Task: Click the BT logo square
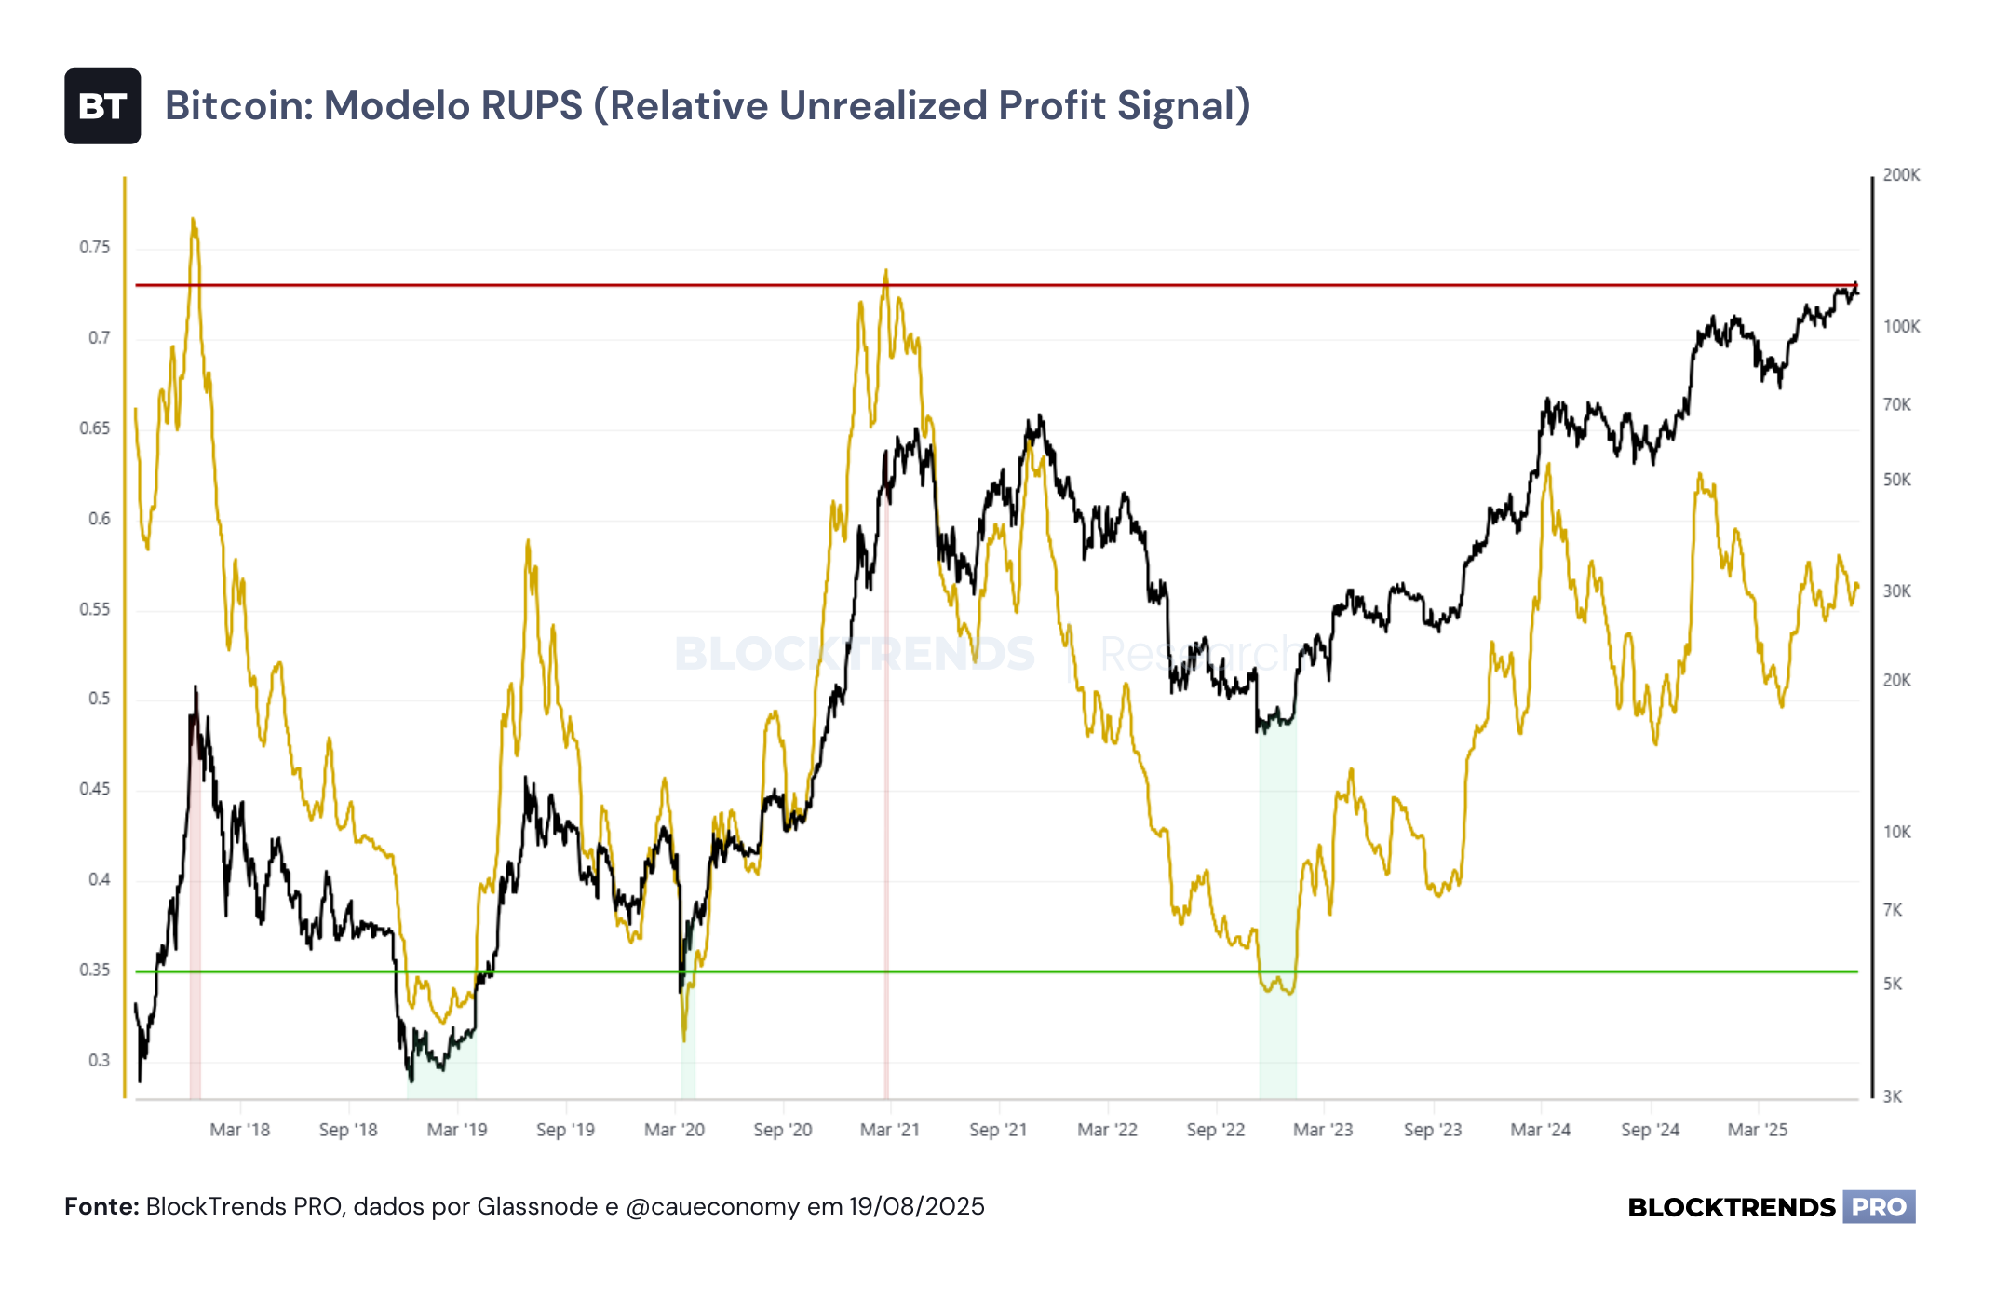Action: pyautogui.click(x=102, y=105)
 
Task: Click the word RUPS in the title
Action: pyautogui.click(x=531, y=105)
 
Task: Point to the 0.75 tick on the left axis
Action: pyautogui.click(x=94, y=247)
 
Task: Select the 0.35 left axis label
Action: pyautogui.click(x=94, y=970)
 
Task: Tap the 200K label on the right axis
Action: pyautogui.click(x=1901, y=175)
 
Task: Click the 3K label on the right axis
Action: pyautogui.click(x=1893, y=1096)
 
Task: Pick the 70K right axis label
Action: pyautogui.click(x=1897, y=404)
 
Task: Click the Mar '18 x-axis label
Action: pyautogui.click(x=240, y=1130)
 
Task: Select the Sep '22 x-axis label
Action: pyautogui.click(x=1216, y=1130)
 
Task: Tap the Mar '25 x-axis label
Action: pyautogui.click(x=1758, y=1130)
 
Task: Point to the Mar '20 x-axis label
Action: pyautogui.click(x=675, y=1130)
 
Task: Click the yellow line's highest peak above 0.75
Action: pyautogui.click(x=193, y=219)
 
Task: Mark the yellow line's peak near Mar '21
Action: pyautogui.click(x=886, y=271)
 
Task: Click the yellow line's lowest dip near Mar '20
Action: pyautogui.click(x=684, y=1039)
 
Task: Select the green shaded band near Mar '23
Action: pyautogui.click(x=1277, y=908)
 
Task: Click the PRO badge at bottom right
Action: pyautogui.click(x=1879, y=1207)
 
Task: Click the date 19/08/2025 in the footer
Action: pyautogui.click(x=917, y=1206)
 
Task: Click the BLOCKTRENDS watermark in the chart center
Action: pyautogui.click(x=855, y=653)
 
